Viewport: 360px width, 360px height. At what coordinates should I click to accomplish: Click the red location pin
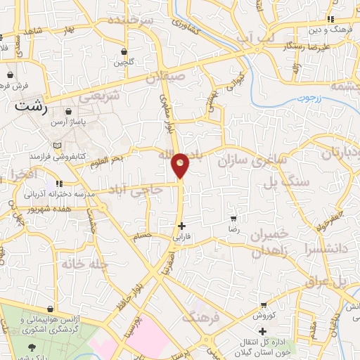pyautogui.click(x=181, y=165)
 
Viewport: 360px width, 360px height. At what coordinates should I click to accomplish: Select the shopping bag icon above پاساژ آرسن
pyautogui.click(x=69, y=111)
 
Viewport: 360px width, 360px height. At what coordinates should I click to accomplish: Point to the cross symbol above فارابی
pyautogui.click(x=182, y=226)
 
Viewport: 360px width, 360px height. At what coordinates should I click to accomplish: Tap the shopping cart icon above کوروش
pyautogui.click(x=263, y=305)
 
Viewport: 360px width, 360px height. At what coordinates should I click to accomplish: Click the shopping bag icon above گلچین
pyautogui.click(x=124, y=52)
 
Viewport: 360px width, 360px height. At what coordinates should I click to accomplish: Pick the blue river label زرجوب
pyautogui.click(x=307, y=98)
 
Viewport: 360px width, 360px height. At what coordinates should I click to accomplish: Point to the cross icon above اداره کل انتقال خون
pyautogui.click(x=262, y=331)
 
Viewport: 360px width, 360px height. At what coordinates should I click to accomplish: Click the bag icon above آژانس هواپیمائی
pyautogui.click(x=49, y=309)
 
